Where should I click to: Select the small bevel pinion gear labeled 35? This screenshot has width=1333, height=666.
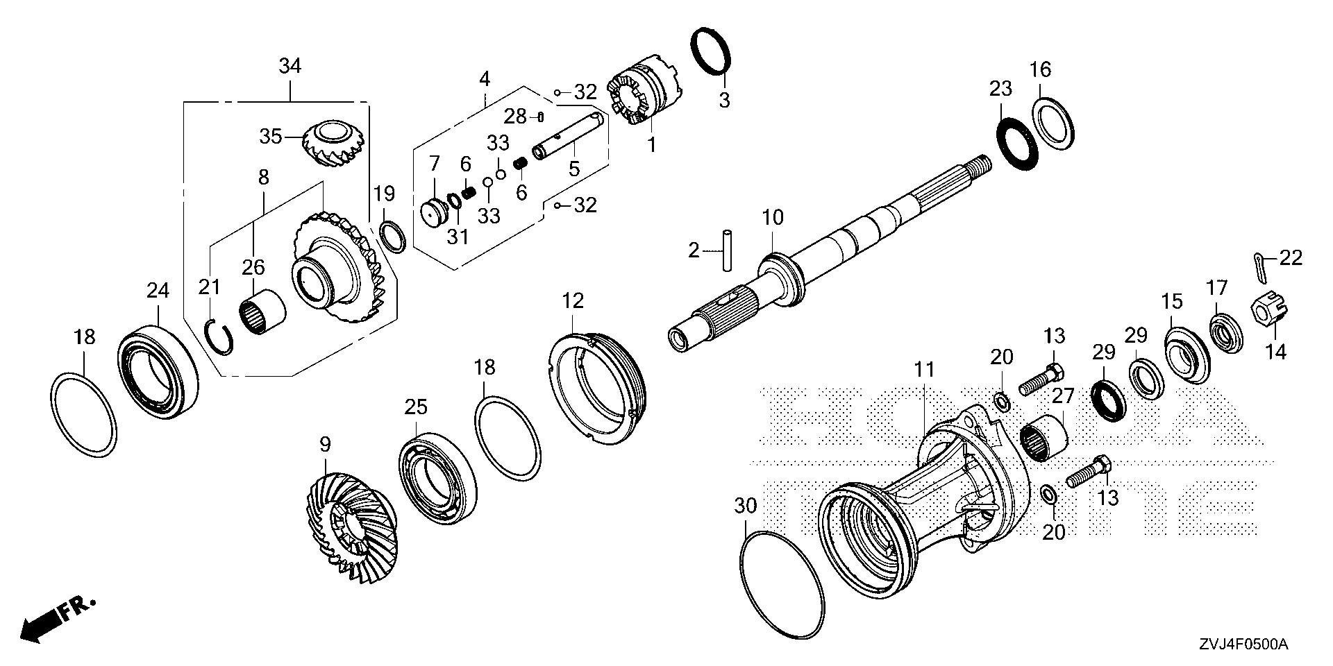click(x=334, y=144)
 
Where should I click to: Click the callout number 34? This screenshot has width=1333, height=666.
click(x=290, y=67)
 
